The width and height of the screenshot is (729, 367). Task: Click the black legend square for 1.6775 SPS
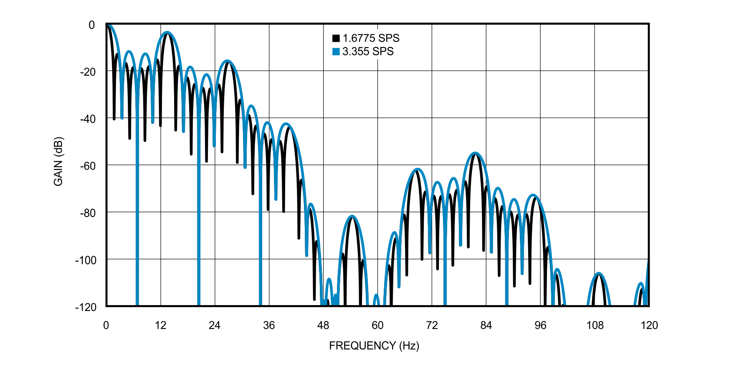tap(336, 38)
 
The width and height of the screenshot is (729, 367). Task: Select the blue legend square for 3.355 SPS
tap(336, 51)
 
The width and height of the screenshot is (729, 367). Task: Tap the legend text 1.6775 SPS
tap(371, 38)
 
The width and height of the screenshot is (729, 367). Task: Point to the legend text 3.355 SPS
tap(368, 51)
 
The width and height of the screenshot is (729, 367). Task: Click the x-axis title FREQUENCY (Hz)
tap(374, 346)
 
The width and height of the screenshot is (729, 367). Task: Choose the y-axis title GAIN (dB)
tap(58, 161)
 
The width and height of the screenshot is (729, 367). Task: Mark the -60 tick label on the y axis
tap(88, 166)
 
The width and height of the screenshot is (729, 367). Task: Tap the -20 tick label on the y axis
tap(88, 72)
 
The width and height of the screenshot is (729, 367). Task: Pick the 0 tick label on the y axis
tap(92, 25)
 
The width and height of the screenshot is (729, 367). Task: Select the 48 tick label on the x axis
tap(323, 326)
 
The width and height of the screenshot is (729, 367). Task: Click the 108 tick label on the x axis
tap(595, 326)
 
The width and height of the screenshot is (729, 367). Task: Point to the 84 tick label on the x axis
tap(486, 326)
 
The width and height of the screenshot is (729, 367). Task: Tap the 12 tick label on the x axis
tap(160, 326)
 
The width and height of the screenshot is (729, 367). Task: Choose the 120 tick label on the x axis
tap(649, 326)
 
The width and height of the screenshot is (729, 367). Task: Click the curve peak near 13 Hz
tap(167, 33)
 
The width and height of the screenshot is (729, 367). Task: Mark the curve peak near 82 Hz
tap(475, 153)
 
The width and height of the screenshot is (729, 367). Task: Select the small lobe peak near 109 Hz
tap(599, 274)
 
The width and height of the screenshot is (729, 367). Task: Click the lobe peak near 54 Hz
tap(353, 217)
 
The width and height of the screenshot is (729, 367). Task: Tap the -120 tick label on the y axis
tap(86, 307)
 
